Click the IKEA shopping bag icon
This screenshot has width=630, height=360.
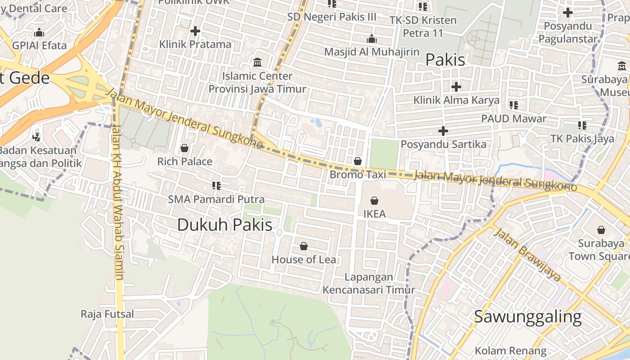(374, 201)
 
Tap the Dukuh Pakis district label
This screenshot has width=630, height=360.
(225, 225)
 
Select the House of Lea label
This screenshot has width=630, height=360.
(304, 260)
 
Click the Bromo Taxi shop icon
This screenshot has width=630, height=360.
(358, 161)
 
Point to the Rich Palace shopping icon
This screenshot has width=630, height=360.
(184, 148)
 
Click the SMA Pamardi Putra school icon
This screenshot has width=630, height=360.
(216, 185)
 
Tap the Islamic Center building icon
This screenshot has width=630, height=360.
(257, 62)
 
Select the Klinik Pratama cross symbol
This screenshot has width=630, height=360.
(195, 31)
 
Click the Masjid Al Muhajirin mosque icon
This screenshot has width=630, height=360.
(372, 39)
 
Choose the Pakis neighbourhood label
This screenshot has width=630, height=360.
(445, 59)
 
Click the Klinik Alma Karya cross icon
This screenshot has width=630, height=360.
(456, 86)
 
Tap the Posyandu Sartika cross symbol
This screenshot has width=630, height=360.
(443, 131)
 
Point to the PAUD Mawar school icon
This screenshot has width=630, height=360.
(513, 105)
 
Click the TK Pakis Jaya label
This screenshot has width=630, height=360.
(582, 139)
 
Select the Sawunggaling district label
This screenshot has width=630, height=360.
(528, 317)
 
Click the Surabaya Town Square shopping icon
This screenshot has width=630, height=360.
(601, 230)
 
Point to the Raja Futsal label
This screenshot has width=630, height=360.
(107, 314)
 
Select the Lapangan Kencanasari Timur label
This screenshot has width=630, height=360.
(369, 283)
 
